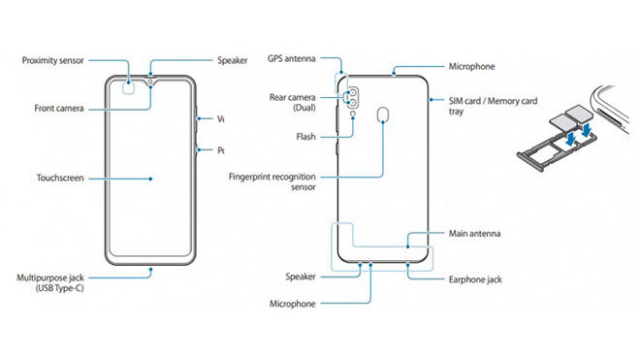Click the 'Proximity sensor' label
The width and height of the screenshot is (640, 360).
click(53, 60)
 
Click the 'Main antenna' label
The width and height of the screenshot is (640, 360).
click(475, 235)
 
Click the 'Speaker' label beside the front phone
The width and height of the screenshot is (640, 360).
click(233, 60)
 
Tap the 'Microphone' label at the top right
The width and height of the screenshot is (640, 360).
click(472, 67)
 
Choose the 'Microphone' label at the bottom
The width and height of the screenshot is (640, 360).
click(292, 304)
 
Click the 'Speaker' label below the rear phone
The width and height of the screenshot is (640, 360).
click(302, 277)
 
